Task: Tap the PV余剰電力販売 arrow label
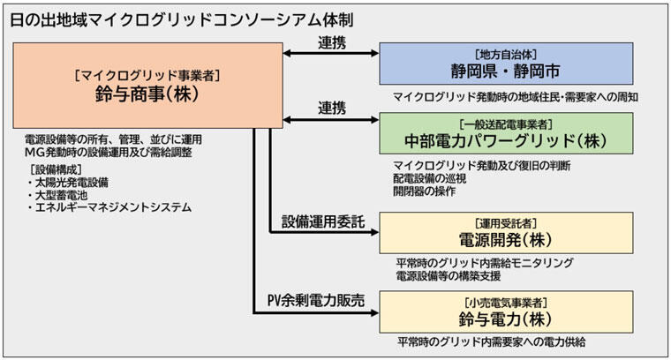click(319, 298)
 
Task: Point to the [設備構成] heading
click(61, 169)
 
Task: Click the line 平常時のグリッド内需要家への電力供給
click(492, 341)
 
